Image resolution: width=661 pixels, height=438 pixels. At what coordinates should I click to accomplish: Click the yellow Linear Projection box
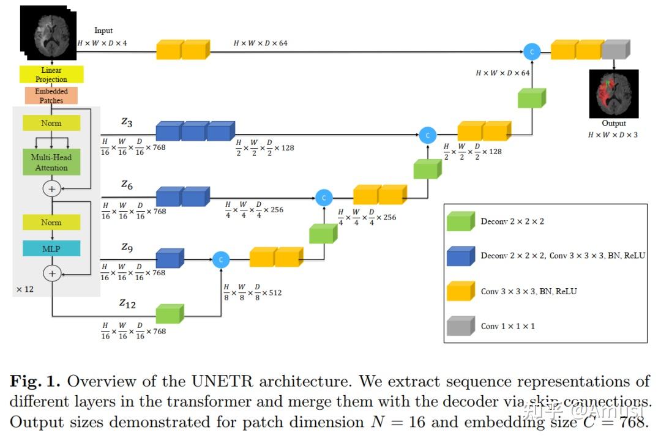pos(51,75)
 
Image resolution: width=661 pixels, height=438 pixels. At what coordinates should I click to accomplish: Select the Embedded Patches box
pos(51,96)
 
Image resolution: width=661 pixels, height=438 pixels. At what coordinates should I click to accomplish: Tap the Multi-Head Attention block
pos(51,162)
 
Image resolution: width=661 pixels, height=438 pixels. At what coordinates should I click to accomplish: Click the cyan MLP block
pos(51,248)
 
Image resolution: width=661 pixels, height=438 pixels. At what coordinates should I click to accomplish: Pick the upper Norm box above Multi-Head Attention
pos(51,123)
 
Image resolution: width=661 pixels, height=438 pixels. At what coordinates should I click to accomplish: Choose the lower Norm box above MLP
pos(51,222)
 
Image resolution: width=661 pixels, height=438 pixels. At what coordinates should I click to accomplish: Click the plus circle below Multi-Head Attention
pos(51,189)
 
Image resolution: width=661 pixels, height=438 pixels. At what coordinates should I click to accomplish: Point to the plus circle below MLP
pos(51,273)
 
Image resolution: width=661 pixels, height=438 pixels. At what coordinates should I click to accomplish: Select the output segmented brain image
pos(613,94)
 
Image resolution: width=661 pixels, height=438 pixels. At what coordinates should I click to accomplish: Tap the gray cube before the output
pos(616,50)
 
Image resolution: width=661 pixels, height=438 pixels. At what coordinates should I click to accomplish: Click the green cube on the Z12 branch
pos(170,314)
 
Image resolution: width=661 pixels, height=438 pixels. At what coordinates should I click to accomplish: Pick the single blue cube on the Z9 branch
pos(170,258)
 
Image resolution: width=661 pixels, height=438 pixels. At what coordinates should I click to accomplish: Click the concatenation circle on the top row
pos(532,52)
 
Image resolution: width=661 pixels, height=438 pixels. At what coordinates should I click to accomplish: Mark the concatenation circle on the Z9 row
pos(221,260)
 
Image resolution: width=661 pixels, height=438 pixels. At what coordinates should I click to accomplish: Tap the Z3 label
pos(127,122)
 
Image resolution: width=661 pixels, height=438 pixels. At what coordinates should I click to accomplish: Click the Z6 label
pos(127,184)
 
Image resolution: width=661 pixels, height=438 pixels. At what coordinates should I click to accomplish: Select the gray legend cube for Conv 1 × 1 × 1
pos(460,326)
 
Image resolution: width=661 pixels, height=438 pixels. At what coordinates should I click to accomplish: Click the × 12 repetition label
pos(24,289)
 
